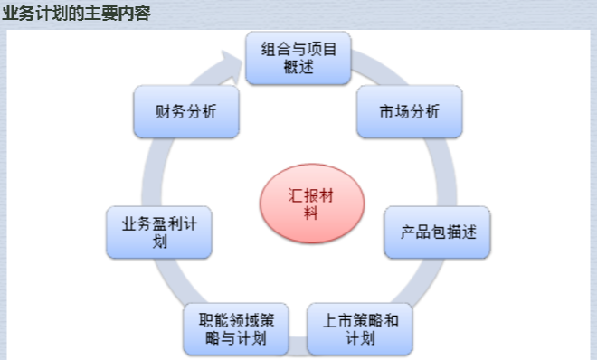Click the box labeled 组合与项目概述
298,58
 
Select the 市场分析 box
410,111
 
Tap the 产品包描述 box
438,232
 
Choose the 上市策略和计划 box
360,329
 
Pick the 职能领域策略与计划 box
236,329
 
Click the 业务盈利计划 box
159,232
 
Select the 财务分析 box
186,111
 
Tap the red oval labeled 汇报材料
312,204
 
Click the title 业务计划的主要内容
76,14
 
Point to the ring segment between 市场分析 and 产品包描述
446,172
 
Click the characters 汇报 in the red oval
303,195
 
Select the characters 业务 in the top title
18,14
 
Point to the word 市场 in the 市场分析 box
394,111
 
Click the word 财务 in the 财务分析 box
171,111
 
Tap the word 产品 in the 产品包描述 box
415,232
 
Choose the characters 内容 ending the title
135,14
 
